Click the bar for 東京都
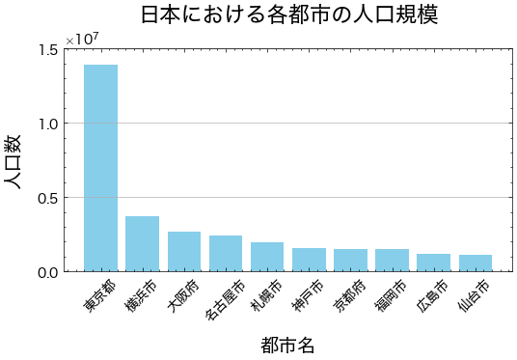[x=100, y=168]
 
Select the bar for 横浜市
[x=142, y=244]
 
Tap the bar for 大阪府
[x=183, y=251]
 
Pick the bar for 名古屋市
[x=225, y=253]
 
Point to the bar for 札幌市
[x=266, y=257]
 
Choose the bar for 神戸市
[x=309, y=260]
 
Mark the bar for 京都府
[x=350, y=261]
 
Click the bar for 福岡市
[x=392, y=261]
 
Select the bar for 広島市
[x=433, y=263]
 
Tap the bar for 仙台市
[x=475, y=263]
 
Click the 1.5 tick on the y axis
[x=46, y=49]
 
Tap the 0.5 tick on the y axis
[x=46, y=198]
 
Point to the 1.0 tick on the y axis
[x=46, y=124]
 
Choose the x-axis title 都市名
[x=287, y=345]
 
